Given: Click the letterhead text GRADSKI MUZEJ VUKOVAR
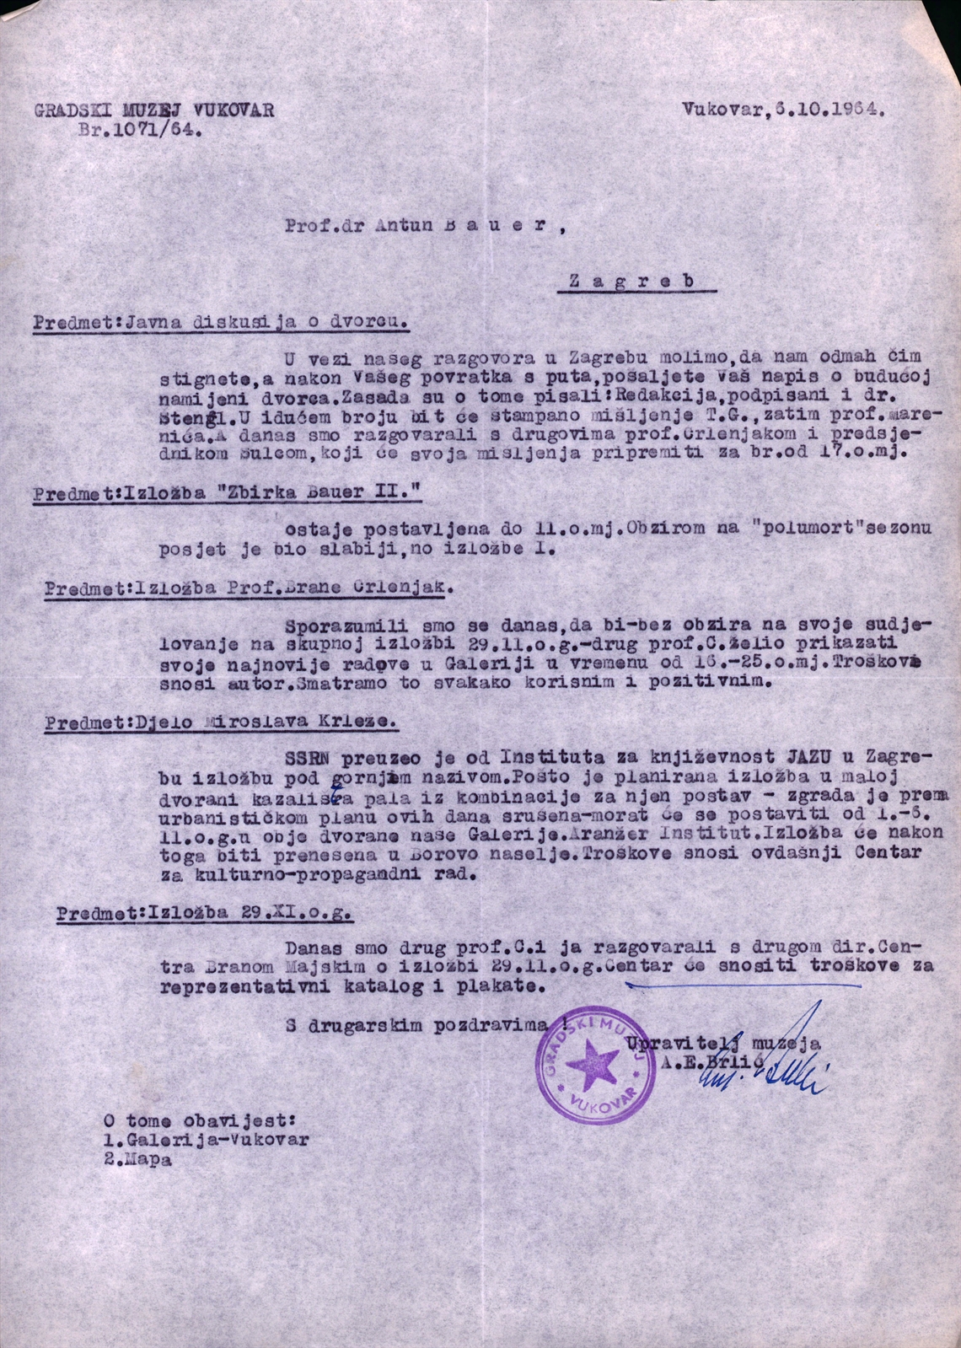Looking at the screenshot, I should coord(154,110).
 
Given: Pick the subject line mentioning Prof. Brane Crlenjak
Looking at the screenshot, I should coord(249,588).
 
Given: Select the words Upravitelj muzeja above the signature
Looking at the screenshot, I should coord(722,1044).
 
